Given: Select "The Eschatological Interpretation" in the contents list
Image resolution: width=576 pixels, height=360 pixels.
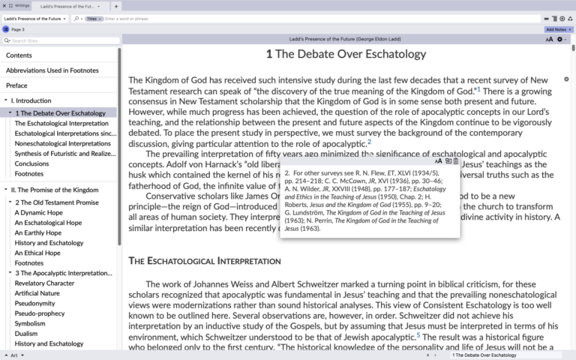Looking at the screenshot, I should click(61, 123).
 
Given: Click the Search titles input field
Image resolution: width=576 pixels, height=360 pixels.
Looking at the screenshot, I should click(64, 40).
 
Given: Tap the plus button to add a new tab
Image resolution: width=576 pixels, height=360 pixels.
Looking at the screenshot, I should click(116, 6).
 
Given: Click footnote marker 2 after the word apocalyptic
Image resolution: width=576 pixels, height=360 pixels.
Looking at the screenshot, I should click(369, 141).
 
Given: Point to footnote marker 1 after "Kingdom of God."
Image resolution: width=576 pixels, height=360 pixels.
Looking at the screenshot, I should click(478, 89).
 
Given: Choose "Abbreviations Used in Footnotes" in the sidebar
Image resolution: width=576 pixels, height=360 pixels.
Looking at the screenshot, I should click(52, 70).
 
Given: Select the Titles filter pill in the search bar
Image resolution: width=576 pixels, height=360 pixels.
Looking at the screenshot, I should click(94, 18).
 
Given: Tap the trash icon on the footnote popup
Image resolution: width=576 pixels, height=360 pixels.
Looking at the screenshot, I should click(456, 161).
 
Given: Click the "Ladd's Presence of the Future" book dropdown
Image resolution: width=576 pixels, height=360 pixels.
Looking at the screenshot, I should click(35, 18).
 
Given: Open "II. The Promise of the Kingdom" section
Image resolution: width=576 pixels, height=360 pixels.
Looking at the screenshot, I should click(55, 190).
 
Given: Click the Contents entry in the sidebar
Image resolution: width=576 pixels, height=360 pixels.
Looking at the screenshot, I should click(19, 55).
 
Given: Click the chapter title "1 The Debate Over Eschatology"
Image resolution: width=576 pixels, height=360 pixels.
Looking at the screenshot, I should click(346, 54).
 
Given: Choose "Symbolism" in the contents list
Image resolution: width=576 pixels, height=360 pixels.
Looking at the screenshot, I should click(31, 323).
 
